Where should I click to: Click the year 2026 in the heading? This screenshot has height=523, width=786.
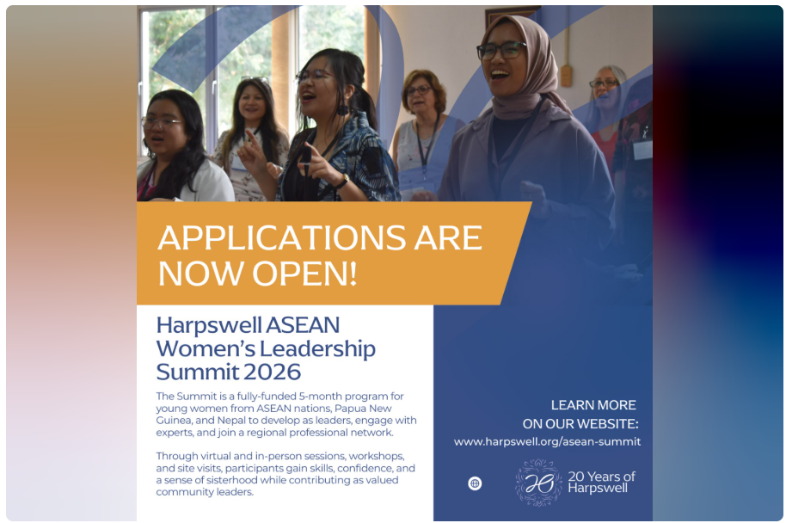(272, 372)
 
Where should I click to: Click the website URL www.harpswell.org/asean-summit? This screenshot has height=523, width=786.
(547, 442)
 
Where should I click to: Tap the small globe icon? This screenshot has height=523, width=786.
(475, 483)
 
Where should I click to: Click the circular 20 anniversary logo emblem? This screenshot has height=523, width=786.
(538, 483)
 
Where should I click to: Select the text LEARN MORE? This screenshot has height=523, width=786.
(593, 405)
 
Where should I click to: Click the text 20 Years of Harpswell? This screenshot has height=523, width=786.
(601, 483)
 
